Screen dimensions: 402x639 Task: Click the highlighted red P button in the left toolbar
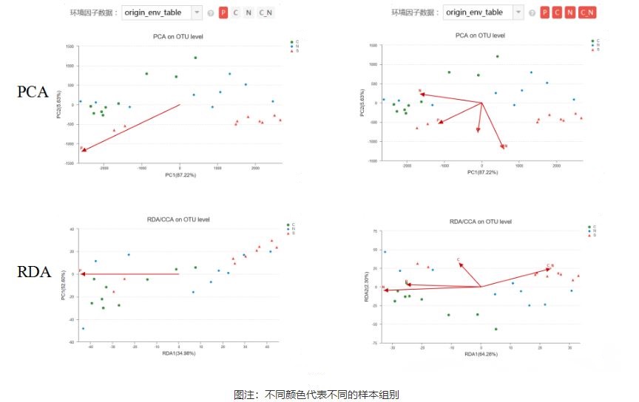[223, 13]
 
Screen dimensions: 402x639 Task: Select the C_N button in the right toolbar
[587, 13]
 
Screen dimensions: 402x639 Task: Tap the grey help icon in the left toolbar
[211, 13]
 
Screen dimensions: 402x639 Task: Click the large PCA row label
[33, 92]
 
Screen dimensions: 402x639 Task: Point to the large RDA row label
[34, 272]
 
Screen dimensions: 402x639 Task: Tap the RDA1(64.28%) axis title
[481, 355]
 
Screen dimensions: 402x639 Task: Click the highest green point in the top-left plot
[195, 58]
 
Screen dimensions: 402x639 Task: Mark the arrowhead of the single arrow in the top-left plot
[84, 150]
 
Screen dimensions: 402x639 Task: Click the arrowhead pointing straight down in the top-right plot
[479, 132]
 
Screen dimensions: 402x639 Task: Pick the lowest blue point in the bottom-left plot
[83, 328]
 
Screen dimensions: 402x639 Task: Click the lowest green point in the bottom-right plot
[496, 329]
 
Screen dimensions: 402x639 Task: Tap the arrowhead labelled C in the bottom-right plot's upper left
[461, 264]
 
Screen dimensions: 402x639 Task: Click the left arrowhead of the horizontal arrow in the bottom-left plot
[81, 273]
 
